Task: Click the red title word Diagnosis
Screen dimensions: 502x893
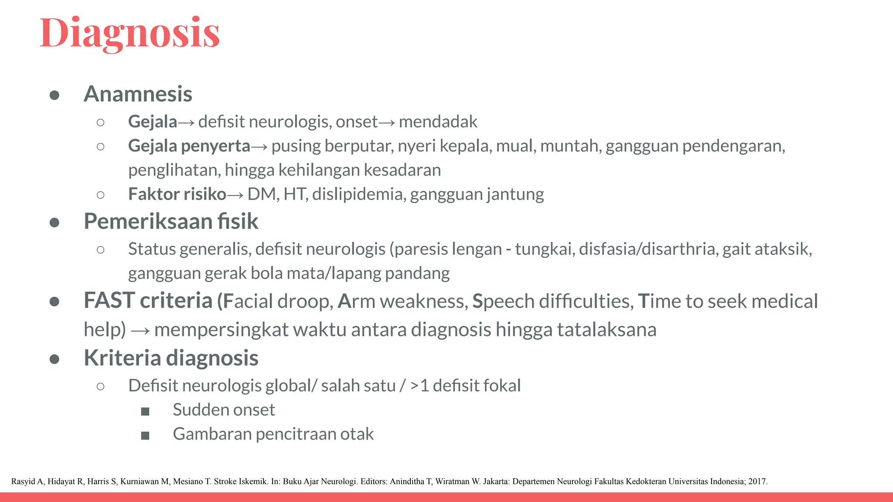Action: point(130,33)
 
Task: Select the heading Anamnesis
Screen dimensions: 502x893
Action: point(138,94)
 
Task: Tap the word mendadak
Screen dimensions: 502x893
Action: point(438,122)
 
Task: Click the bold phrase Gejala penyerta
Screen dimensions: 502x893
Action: point(189,146)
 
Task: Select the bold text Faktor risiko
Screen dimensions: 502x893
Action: point(177,194)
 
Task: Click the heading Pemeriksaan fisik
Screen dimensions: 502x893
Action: point(171,221)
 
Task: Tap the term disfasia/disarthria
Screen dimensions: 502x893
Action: point(648,249)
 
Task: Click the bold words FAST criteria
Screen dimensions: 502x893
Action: point(148,301)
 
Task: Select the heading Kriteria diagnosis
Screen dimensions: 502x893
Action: point(171,358)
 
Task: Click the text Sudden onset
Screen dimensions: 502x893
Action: point(224,410)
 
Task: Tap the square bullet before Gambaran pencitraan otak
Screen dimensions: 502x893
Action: point(145,435)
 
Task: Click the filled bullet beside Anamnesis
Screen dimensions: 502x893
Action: point(55,95)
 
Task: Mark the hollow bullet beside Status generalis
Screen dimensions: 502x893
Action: point(101,250)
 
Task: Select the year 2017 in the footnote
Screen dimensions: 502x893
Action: point(757,482)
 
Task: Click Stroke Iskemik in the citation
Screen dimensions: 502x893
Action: point(241,482)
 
